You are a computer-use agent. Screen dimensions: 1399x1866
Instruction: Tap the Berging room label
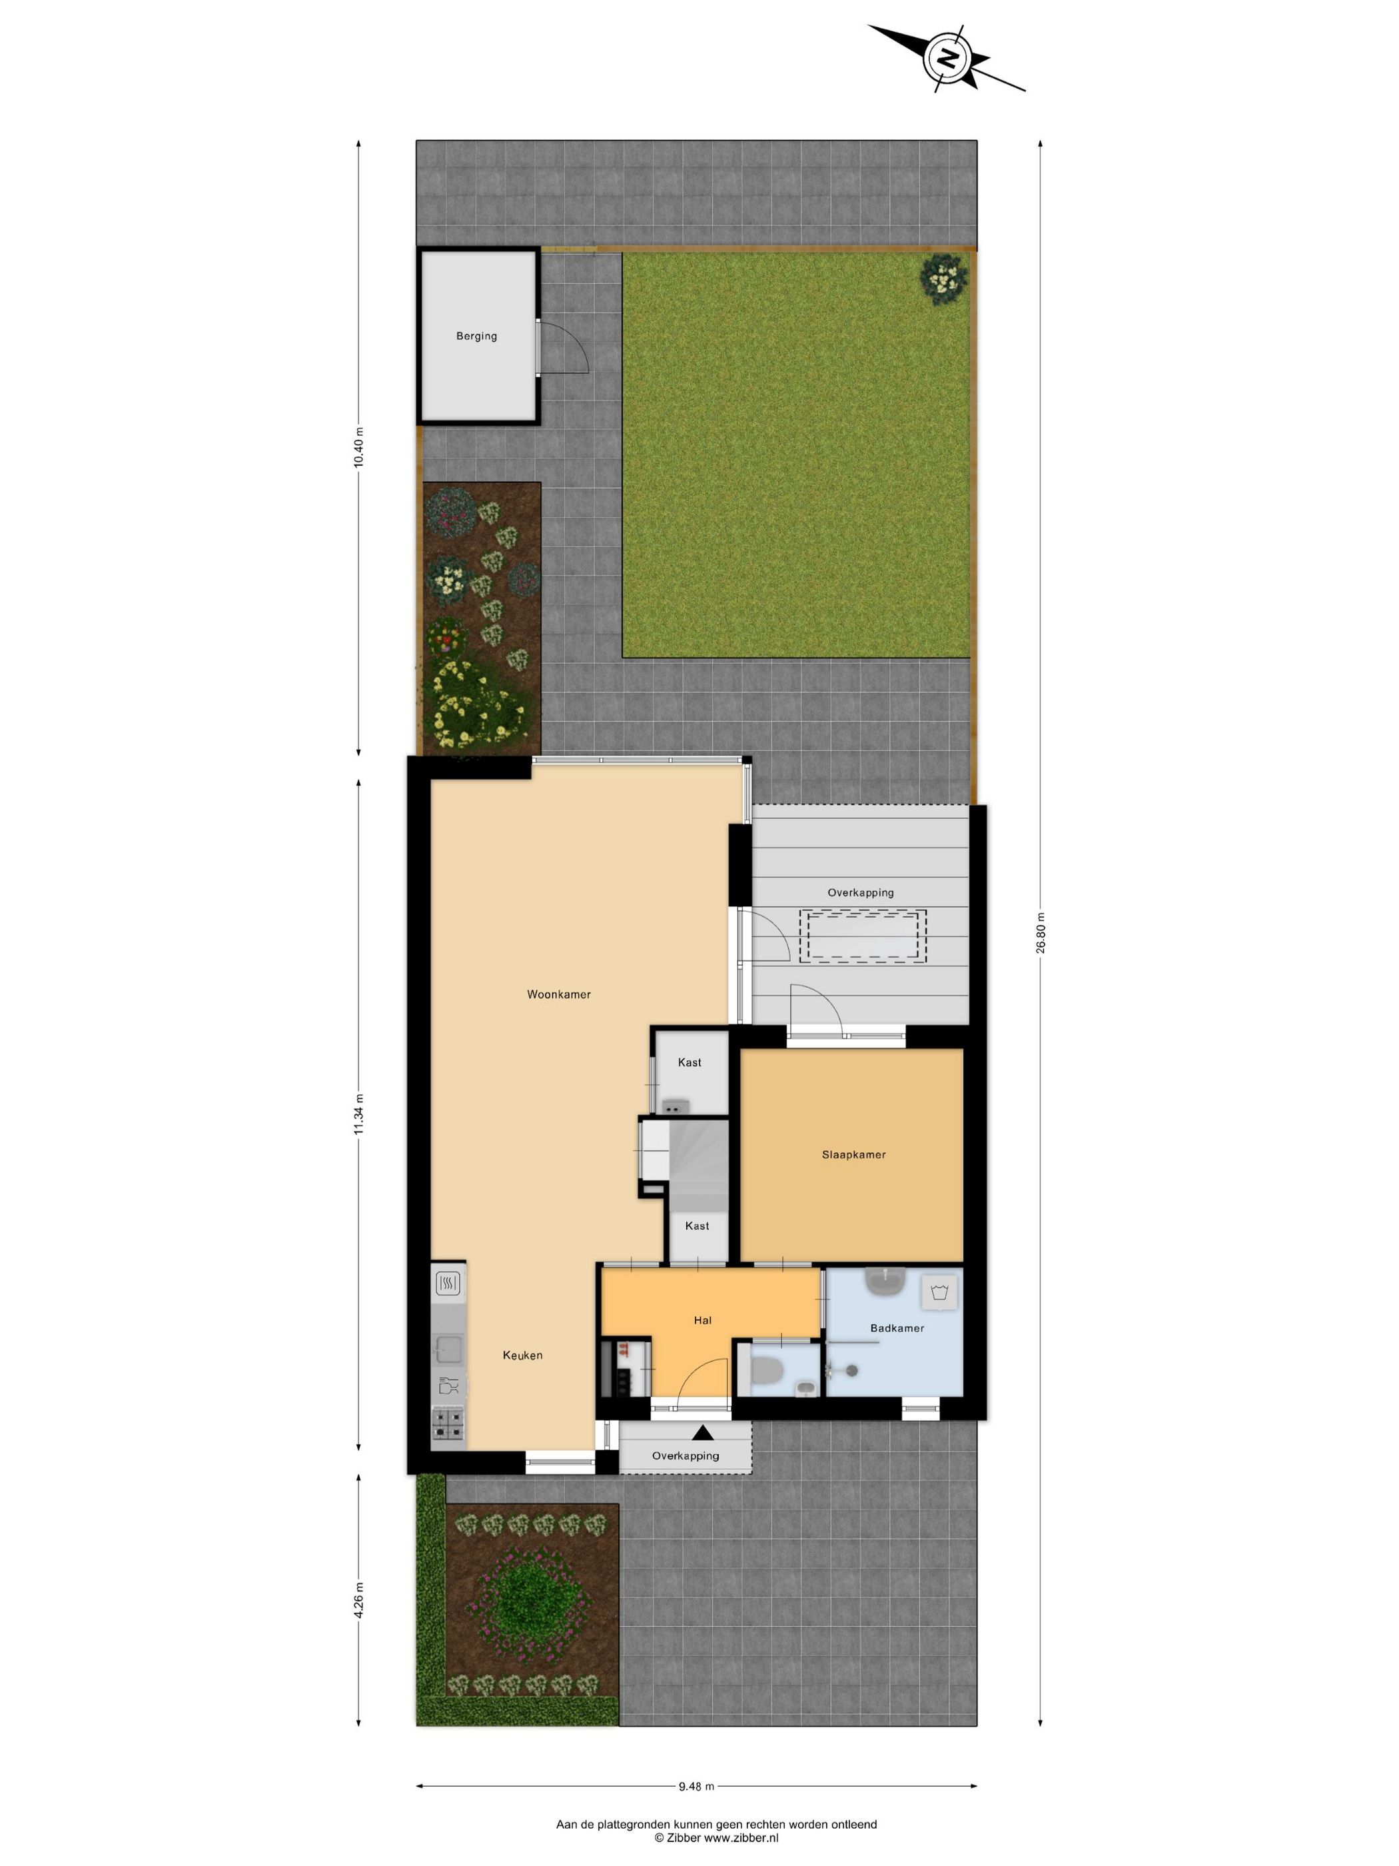coord(476,336)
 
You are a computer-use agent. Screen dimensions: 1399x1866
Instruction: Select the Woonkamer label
coord(558,994)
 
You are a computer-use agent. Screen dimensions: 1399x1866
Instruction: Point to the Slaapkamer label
coord(853,1154)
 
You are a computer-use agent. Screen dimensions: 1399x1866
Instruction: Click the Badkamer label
coord(897,1328)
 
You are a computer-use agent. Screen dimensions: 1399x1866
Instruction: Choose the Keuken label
coord(522,1355)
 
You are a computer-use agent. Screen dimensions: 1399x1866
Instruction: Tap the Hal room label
coord(702,1320)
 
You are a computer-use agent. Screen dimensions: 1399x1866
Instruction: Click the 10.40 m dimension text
coord(358,447)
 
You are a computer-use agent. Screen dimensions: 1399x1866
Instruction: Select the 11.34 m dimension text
coord(358,1114)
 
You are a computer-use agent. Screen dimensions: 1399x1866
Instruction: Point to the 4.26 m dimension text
coord(358,1599)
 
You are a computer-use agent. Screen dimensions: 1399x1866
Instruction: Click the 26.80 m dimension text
coord(1041,932)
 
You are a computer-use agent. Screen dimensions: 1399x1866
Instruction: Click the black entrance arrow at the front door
coord(702,1432)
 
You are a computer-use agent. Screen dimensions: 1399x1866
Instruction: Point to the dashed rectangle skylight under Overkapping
coord(863,936)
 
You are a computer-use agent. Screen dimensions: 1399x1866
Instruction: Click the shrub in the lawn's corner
coord(943,276)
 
